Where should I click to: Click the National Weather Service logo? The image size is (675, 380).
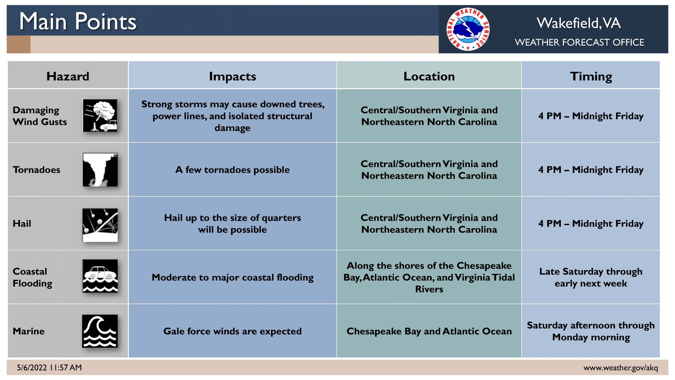click(x=468, y=29)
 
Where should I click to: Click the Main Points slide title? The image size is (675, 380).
click(x=78, y=21)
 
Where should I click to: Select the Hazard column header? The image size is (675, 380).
click(x=68, y=76)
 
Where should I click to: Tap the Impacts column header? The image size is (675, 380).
click(x=233, y=77)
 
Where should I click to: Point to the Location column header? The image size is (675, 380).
click(x=429, y=76)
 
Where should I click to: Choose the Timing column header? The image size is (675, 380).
click(x=591, y=77)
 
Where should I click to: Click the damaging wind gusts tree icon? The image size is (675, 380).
click(x=100, y=115)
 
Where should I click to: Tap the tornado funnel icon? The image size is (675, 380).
click(x=100, y=169)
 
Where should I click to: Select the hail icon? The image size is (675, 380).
click(x=100, y=225)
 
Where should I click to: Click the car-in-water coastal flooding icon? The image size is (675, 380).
click(x=100, y=276)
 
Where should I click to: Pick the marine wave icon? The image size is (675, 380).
click(x=100, y=331)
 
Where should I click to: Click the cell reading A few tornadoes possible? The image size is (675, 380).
click(x=232, y=170)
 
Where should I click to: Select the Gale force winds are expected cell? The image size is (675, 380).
click(x=232, y=331)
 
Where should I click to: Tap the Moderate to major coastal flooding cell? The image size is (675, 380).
click(x=233, y=277)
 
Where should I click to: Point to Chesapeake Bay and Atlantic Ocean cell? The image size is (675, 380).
click(x=429, y=331)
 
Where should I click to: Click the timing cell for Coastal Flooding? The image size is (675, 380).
click(x=591, y=277)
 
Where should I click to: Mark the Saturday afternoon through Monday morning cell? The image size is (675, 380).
click(x=591, y=331)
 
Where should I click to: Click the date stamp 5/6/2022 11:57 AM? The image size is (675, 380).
click(x=49, y=368)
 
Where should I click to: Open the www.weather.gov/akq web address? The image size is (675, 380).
click(x=621, y=368)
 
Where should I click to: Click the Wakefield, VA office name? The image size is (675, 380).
click(x=579, y=23)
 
